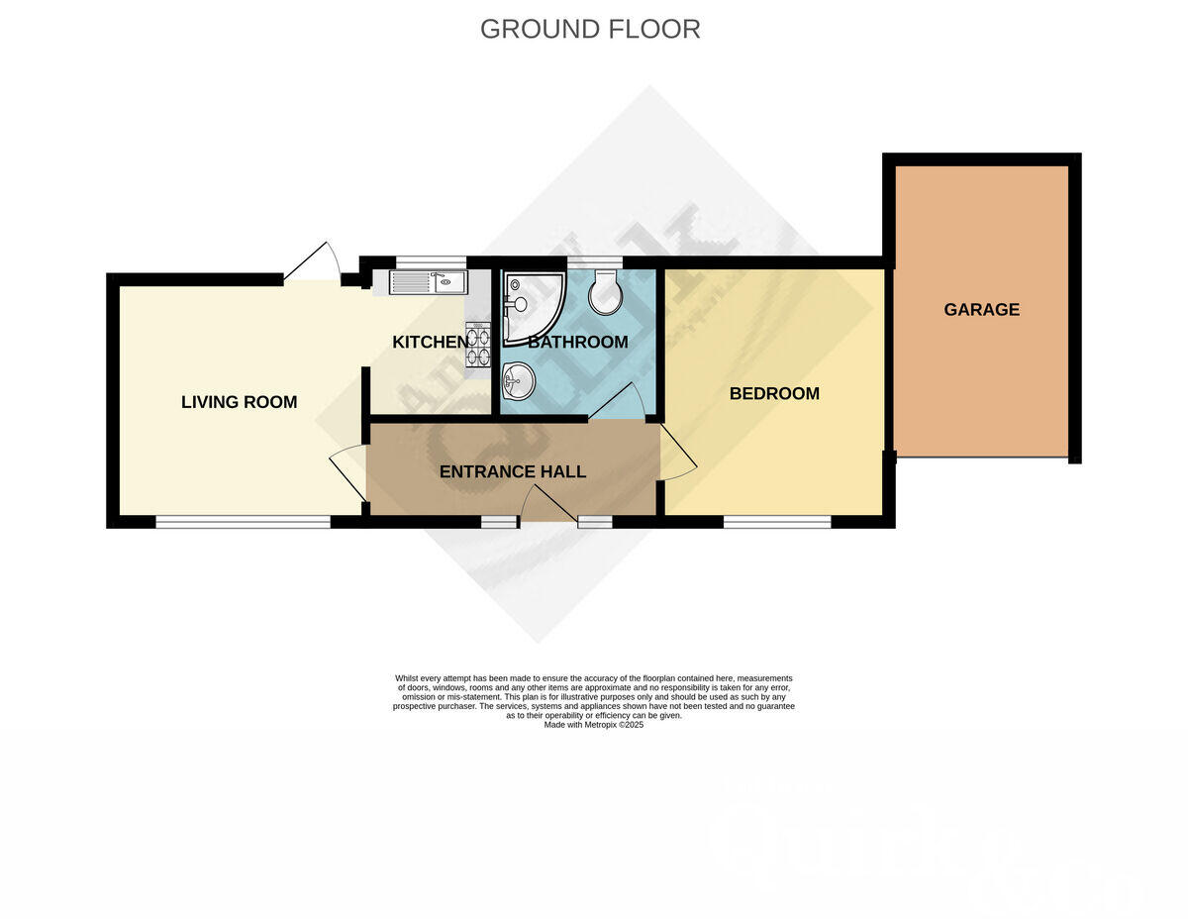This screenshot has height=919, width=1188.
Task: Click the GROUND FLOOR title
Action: pos(590,29)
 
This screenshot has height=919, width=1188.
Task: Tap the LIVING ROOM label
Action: pos(239,402)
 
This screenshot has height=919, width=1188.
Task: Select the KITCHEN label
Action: pos(430,343)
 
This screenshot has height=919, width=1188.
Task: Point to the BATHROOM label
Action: pos(577,343)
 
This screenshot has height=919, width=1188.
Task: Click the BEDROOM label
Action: pos(774,393)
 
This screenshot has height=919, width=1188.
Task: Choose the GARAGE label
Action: pos(981,310)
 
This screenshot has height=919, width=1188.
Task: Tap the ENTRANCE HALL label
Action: pos(513,471)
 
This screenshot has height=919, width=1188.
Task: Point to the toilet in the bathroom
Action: pos(604,291)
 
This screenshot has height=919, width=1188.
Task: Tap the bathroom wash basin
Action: pos(518,379)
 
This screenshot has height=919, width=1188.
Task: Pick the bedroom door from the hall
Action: pos(677,455)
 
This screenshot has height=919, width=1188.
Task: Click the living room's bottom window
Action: pos(243,522)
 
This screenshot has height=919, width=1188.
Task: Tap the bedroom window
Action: pos(777,522)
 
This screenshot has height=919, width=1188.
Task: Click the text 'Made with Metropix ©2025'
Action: pos(594,725)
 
